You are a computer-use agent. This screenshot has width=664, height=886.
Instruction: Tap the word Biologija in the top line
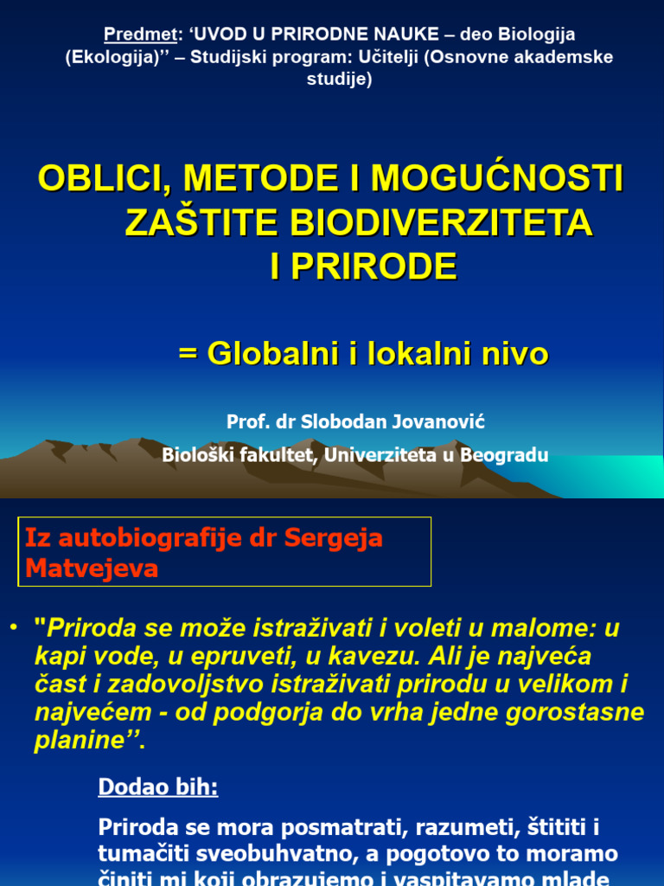539,35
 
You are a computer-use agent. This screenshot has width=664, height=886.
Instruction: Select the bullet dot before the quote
14,625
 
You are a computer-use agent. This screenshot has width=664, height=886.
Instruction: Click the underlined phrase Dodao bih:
158,787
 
